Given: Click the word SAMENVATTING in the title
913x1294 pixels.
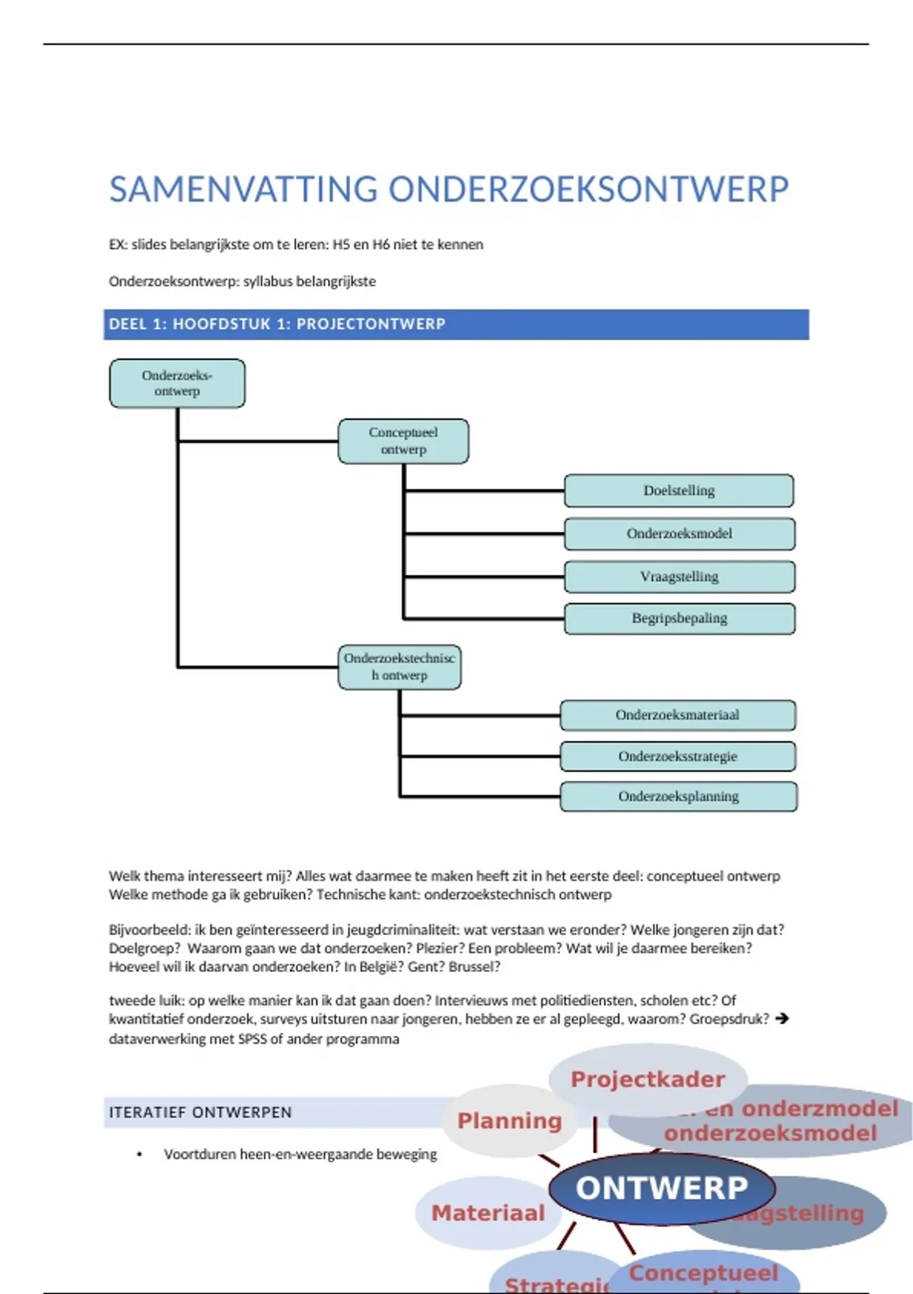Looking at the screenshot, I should (x=243, y=190).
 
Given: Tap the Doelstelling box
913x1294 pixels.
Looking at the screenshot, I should (x=679, y=491).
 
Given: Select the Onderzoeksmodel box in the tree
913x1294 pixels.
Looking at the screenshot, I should (x=679, y=534).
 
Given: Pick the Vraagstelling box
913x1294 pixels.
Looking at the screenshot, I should (x=679, y=576).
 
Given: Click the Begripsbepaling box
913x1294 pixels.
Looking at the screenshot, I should (x=679, y=618).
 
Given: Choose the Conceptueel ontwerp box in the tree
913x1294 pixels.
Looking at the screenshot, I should (x=403, y=441).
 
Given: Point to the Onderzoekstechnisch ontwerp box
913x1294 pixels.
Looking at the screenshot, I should (x=399, y=667).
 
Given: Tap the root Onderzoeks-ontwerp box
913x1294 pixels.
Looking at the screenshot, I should (x=177, y=383).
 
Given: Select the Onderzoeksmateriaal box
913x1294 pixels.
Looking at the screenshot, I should (x=678, y=715).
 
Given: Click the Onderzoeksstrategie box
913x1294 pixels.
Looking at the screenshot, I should (x=678, y=756).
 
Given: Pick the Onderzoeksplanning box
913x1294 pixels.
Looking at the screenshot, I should (x=679, y=796).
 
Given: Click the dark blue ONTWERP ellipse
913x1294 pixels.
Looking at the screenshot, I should (x=661, y=1188).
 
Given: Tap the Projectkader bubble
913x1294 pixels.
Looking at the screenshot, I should (x=647, y=1079).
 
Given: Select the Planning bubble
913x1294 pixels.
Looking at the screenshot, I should (x=509, y=1120).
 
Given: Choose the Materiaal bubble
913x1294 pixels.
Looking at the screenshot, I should (x=488, y=1213).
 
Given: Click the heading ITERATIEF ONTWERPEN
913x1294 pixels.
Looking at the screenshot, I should (x=200, y=1112).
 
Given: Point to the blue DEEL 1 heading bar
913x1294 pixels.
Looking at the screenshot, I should (x=456, y=324).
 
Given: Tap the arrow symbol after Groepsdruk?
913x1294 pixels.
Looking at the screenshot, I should (x=781, y=1018).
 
